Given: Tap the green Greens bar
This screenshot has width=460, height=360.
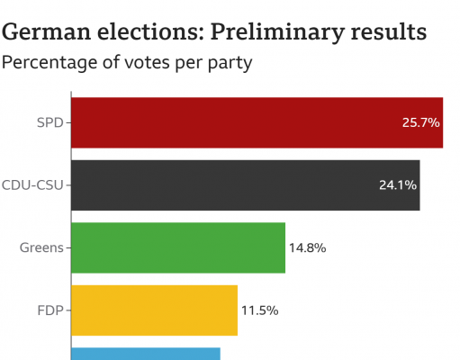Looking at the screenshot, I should [177, 247].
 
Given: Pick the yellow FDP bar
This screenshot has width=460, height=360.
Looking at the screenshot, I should [153, 310].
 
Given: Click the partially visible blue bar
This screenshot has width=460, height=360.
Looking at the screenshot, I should [144, 354].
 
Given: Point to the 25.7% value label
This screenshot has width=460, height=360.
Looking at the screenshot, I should [420, 121].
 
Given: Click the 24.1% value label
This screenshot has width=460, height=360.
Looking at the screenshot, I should [398, 184].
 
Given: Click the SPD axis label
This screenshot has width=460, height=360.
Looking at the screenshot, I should [50, 121].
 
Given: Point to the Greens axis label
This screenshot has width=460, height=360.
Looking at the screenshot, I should [41, 247].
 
